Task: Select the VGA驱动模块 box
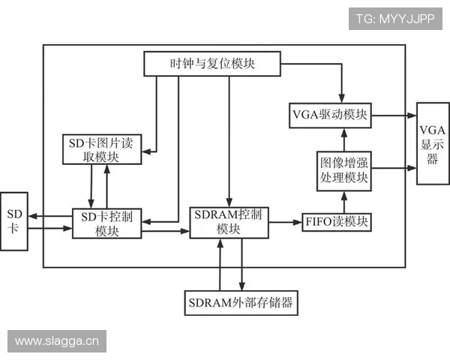point(329,115)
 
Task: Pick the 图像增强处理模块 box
point(343,170)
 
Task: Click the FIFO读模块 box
point(337,222)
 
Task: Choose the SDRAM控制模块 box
point(228,222)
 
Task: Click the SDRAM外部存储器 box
point(239,304)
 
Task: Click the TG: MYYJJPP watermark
point(395,18)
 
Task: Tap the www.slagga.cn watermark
point(57,341)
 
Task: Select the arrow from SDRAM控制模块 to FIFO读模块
point(284,222)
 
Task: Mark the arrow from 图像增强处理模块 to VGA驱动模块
point(343,139)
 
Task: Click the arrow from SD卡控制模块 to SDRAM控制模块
point(165,231)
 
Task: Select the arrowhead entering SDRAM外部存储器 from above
point(241,287)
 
